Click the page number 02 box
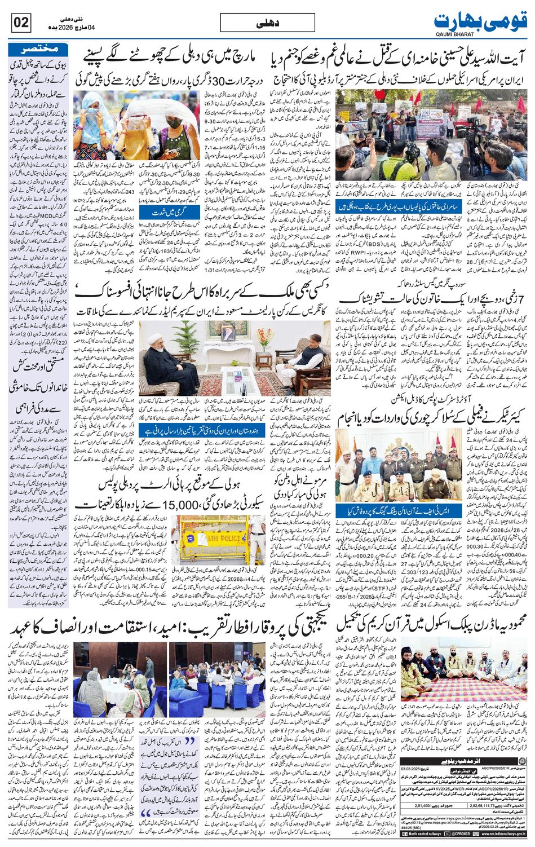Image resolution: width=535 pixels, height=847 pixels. (x=21, y=23)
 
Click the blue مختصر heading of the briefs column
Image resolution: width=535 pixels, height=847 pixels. (x=35, y=48)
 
